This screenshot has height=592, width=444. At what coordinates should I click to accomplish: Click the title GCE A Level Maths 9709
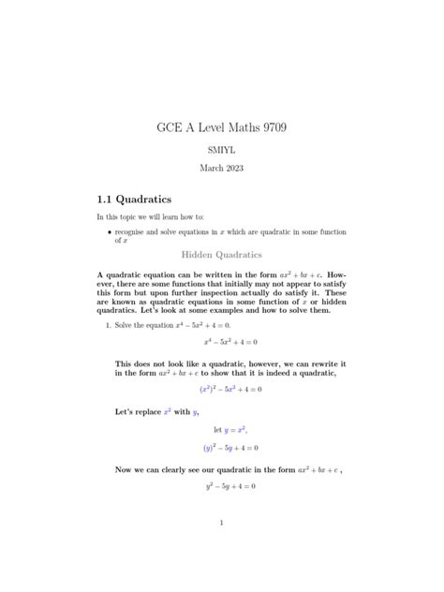click(x=222, y=126)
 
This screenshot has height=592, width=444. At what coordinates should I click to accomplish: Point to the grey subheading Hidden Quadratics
click(x=221, y=255)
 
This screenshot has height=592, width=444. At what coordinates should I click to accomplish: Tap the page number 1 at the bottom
click(x=222, y=524)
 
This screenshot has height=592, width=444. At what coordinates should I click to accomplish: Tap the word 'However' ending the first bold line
click(x=328, y=275)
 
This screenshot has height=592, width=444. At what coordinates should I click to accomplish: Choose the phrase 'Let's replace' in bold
click(x=141, y=411)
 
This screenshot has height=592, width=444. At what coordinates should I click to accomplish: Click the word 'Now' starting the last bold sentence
click(x=124, y=468)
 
